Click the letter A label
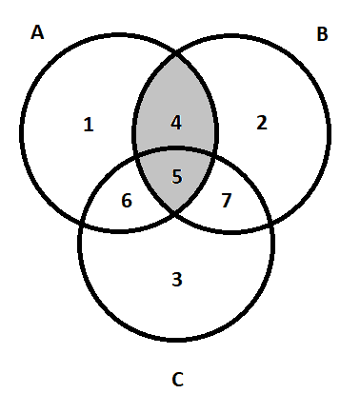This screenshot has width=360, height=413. coord(37,32)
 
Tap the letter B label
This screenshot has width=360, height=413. coord(322,34)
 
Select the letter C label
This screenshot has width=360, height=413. coord(177,380)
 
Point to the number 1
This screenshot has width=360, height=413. coord(89,125)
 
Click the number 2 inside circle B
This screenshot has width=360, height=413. coord(262,123)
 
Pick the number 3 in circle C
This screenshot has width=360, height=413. coord(177,280)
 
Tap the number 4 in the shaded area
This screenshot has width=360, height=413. coord(176,123)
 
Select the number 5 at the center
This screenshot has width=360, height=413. coord(177,177)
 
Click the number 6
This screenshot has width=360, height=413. coord(127,201)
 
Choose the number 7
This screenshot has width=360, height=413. coord(227,201)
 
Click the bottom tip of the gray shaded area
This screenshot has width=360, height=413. coord(175,210)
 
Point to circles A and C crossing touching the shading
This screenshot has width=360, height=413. coord(136,158)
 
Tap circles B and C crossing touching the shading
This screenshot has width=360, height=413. coord(213,156)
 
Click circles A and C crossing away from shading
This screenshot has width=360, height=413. coord(82,222)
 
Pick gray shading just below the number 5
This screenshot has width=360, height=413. coord(175,195)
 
